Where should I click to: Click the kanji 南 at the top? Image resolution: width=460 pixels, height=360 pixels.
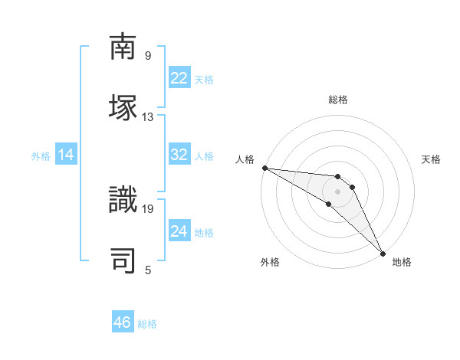coord(123,47)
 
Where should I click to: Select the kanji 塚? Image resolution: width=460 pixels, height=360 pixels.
coord(123,106)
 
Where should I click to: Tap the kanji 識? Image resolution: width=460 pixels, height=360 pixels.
coord(123,201)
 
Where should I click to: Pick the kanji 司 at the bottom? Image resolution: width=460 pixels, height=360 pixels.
coord(123,260)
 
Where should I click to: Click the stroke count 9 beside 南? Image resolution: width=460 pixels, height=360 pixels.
coord(148,56)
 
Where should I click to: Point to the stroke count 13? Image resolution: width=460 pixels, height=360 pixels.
coord(148,117)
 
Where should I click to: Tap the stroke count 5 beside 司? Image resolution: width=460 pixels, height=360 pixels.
coord(148,270)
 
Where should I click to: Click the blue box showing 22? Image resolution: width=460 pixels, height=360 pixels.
coord(179,78)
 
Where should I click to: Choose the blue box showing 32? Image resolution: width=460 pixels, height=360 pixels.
coord(179,155)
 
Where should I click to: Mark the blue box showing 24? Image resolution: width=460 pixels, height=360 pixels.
coord(179,231)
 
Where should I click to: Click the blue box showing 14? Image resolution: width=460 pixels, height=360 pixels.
coord(66,155)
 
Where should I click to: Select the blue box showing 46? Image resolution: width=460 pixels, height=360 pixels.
coord(123,322)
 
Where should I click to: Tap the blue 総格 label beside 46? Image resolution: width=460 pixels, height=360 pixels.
coord(147,324)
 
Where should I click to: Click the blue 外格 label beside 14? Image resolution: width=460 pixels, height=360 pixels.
coord(41,156)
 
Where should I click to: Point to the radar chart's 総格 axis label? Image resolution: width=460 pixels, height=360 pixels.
coord(338,100)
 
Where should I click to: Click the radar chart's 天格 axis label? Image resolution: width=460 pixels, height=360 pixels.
coord(432,159)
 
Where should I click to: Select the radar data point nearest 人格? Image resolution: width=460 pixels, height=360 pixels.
coord(264,168)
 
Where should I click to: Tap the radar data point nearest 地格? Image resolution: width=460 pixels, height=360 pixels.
coord(383,254)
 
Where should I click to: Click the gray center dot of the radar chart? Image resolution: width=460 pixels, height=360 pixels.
coord(337,191)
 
